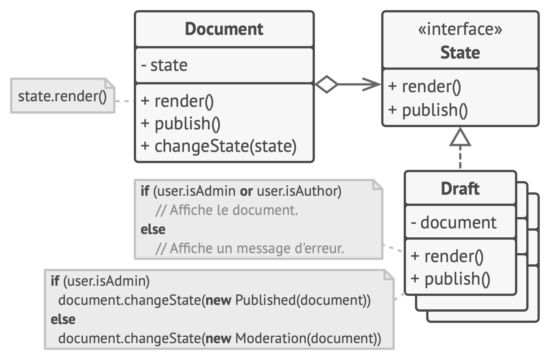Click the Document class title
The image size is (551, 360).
click(224, 29)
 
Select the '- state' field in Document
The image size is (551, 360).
click(165, 65)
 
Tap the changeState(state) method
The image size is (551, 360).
click(219, 146)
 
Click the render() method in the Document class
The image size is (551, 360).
click(177, 101)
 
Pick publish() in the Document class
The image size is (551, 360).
click(181, 124)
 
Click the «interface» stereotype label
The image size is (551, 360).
click(460, 29)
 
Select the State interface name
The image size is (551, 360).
click(460, 52)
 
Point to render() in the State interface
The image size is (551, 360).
click(425, 87)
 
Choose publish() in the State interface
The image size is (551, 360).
click(428, 110)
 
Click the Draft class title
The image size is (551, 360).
click(460, 189)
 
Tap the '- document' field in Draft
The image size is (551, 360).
click(454, 223)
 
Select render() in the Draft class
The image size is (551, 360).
click(447, 256)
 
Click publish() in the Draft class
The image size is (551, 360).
click(451, 279)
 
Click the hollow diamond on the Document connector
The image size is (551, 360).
click(326, 84)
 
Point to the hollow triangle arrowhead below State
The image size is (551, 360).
click(460, 138)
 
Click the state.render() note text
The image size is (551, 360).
click(62, 96)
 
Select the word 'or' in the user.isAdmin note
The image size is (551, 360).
click(246, 191)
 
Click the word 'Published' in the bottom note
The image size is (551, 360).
click(265, 300)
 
